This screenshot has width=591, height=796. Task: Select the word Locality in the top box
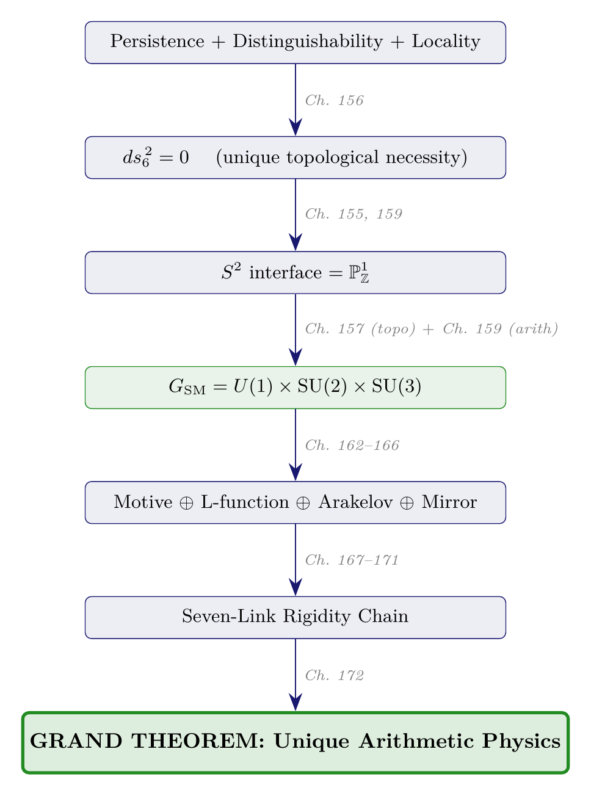pos(446,42)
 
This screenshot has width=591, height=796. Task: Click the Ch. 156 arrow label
pos(334,101)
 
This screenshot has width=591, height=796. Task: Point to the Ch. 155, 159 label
pos(354,214)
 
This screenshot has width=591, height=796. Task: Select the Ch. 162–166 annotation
pos(352,446)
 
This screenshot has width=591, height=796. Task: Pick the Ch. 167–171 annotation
pos(352,560)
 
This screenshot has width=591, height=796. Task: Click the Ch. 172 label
pos(334,676)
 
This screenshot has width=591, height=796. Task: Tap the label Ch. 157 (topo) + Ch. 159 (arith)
pos(431,330)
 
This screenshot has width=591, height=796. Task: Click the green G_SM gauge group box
pos(295,387)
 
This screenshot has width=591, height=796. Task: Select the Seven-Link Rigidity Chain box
pos(295,617)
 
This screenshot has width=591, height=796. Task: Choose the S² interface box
pos(295,272)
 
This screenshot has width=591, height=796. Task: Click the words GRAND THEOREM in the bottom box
pos(145,741)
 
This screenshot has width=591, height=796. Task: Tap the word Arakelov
pos(357,502)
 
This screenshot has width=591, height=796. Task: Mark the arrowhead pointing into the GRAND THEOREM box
pos(295,704)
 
